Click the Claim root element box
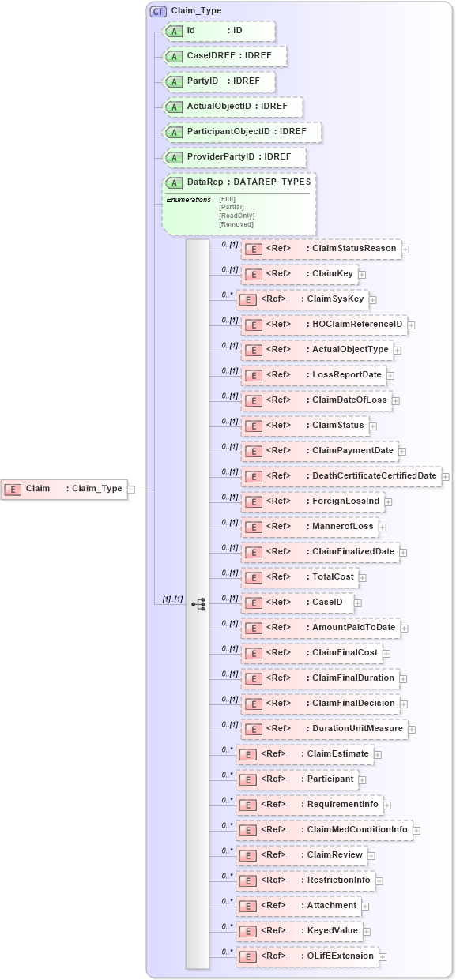[64, 489]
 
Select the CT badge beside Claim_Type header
[157, 11]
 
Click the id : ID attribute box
[218, 31]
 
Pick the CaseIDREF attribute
[224, 56]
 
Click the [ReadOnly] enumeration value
[236, 216]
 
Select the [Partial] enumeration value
[231, 207]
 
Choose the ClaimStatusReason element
[321, 249]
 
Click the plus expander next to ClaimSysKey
[373, 300]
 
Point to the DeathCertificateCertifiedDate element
[341, 476]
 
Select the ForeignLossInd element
[312, 501]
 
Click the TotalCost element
[300, 577]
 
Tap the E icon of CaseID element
[254, 603]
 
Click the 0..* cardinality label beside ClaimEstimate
[228, 749]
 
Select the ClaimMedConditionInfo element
[324, 830]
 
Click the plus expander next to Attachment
[365, 907]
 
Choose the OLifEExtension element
[307, 956]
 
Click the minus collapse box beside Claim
[132, 489]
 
